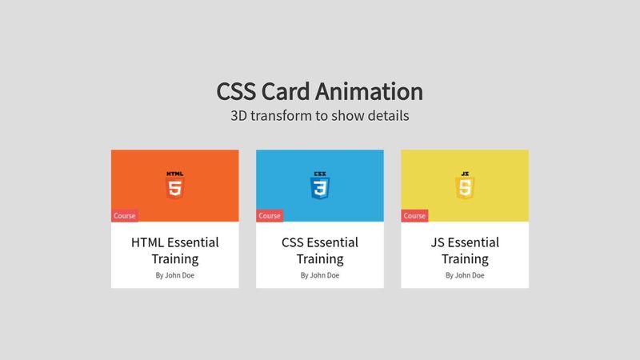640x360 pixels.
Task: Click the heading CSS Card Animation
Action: coord(319,91)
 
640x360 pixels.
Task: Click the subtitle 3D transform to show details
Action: coord(319,115)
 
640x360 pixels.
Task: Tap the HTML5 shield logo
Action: coord(174,189)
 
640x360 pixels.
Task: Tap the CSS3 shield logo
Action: coord(319,189)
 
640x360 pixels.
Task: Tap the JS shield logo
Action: coord(464,189)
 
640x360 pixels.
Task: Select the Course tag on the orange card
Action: coord(125,215)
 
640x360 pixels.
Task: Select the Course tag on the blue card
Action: coord(270,215)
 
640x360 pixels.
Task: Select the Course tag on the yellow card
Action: coord(414,215)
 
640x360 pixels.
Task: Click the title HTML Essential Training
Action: coord(174,250)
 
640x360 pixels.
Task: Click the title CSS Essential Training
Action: coord(319,250)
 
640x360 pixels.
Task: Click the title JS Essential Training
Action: coord(464,250)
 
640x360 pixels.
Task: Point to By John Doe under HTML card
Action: coord(174,275)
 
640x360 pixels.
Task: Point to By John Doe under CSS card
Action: coord(319,275)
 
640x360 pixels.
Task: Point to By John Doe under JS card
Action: coord(464,275)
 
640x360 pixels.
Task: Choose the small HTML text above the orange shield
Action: coord(174,174)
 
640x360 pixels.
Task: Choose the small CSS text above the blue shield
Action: coord(319,174)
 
